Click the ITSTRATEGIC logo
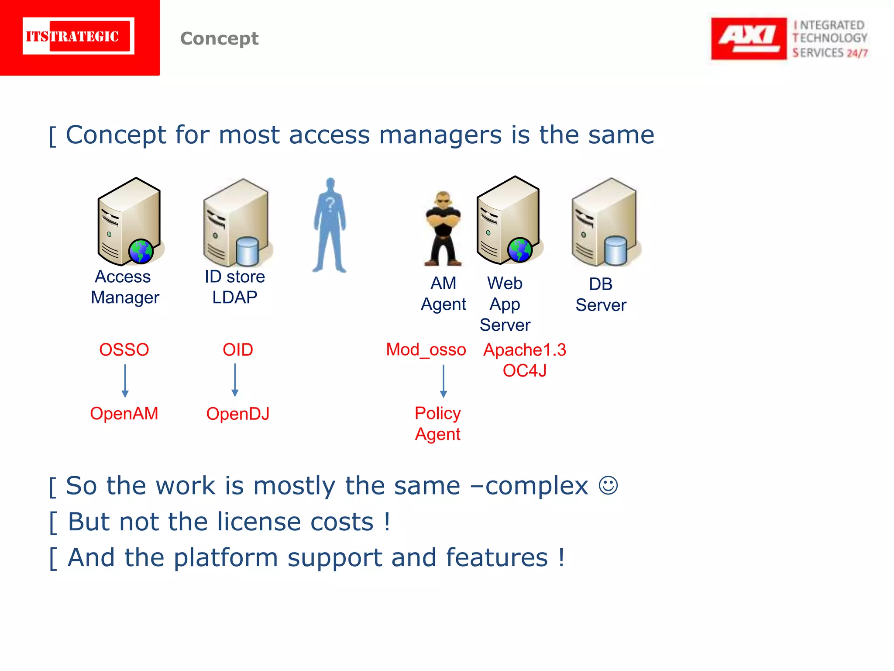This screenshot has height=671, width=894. tap(79, 36)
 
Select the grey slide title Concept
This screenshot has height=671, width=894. tap(219, 38)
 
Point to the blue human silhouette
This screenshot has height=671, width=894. tap(330, 225)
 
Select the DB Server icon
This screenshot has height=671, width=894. tap(604, 222)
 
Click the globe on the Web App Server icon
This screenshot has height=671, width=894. tap(519, 250)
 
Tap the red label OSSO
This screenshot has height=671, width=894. tap(124, 350)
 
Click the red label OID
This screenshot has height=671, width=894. tap(237, 350)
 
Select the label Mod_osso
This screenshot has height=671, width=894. tap(426, 350)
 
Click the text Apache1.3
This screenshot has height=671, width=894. tap(524, 350)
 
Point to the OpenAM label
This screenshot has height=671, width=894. tap(124, 414)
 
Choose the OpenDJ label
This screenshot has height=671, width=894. tap(237, 414)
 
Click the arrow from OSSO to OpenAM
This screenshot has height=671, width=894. tap(125, 380)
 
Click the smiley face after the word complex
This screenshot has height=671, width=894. tap(608, 485)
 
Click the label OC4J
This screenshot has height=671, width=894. tap(524, 371)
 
